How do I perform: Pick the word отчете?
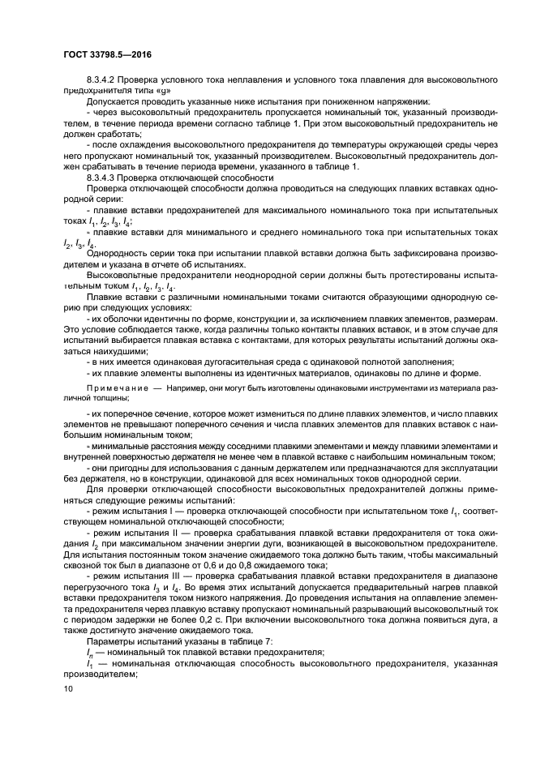click(x=167, y=263)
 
